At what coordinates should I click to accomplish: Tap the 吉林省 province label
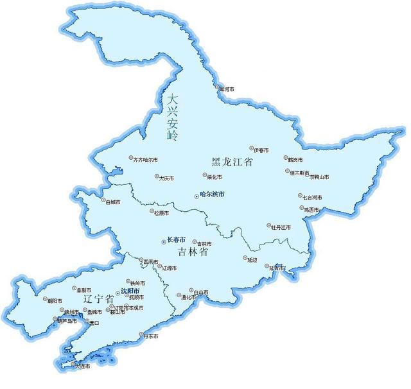click(195, 253)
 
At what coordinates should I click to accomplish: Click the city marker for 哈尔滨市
click(196, 194)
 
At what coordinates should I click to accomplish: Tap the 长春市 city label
click(176, 239)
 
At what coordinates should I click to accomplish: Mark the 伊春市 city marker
click(252, 150)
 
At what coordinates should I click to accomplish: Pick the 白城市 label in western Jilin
click(112, 202)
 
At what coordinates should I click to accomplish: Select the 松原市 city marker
click(152, 212)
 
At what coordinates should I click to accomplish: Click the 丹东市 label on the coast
click(152, 336)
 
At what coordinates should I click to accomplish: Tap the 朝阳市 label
click(55, 300)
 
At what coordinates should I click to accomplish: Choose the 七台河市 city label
click(313, 197)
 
